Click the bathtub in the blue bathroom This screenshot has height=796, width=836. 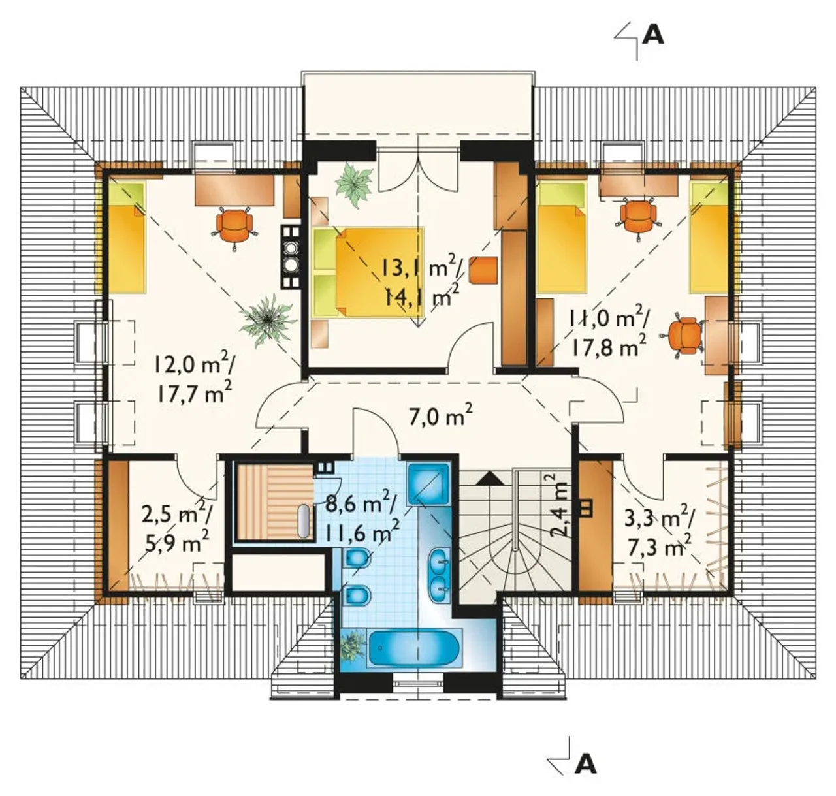point(414,649)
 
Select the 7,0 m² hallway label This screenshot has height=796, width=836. point(441,415)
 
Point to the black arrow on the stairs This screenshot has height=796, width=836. point(490,479)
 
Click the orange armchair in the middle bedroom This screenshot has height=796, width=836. point(483,269)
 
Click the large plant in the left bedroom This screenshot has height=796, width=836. point(266,320)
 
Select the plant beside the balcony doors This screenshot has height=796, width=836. point(353,185)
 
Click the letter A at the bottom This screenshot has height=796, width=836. point(585,765)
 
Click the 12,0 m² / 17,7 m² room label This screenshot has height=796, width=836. point(195,375)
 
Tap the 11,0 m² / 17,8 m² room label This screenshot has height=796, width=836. point(608,330)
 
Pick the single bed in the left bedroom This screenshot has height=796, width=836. point(126,236)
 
